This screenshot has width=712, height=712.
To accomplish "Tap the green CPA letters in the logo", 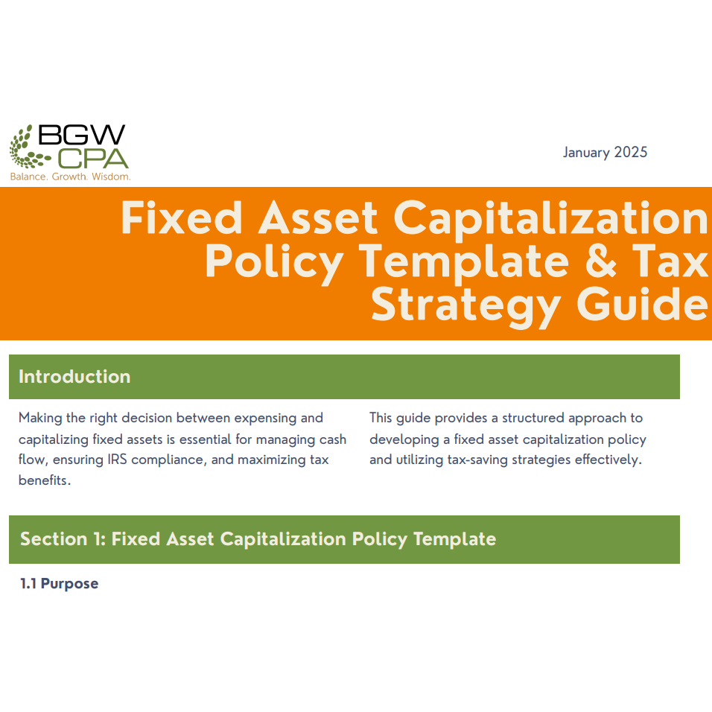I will coord(93,158).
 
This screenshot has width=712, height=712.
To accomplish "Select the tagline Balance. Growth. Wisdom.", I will coord(70,177).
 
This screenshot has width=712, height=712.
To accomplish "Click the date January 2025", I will coord(605,153).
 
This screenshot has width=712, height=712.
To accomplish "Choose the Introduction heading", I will coord(74,377).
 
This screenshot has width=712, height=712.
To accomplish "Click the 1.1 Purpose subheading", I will coord(60,584).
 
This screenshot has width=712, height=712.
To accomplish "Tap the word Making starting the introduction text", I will coord(42,418).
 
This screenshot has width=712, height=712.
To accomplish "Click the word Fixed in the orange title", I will coord(182,218).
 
